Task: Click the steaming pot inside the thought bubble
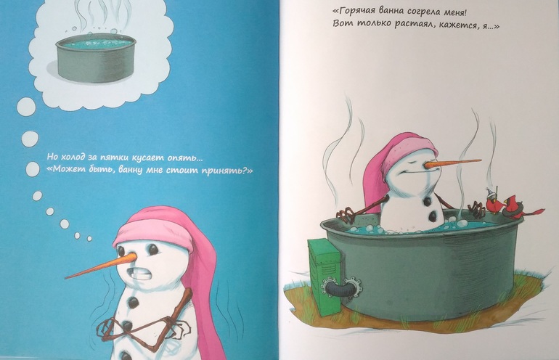(x=96, y=60)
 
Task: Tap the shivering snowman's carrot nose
(x=101, y=266)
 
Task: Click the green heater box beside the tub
(x=324, y=277)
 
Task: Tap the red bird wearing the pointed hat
(x=494, y=202)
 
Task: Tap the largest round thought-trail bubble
(x=26, y=106)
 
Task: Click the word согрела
(x=416, y=12)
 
